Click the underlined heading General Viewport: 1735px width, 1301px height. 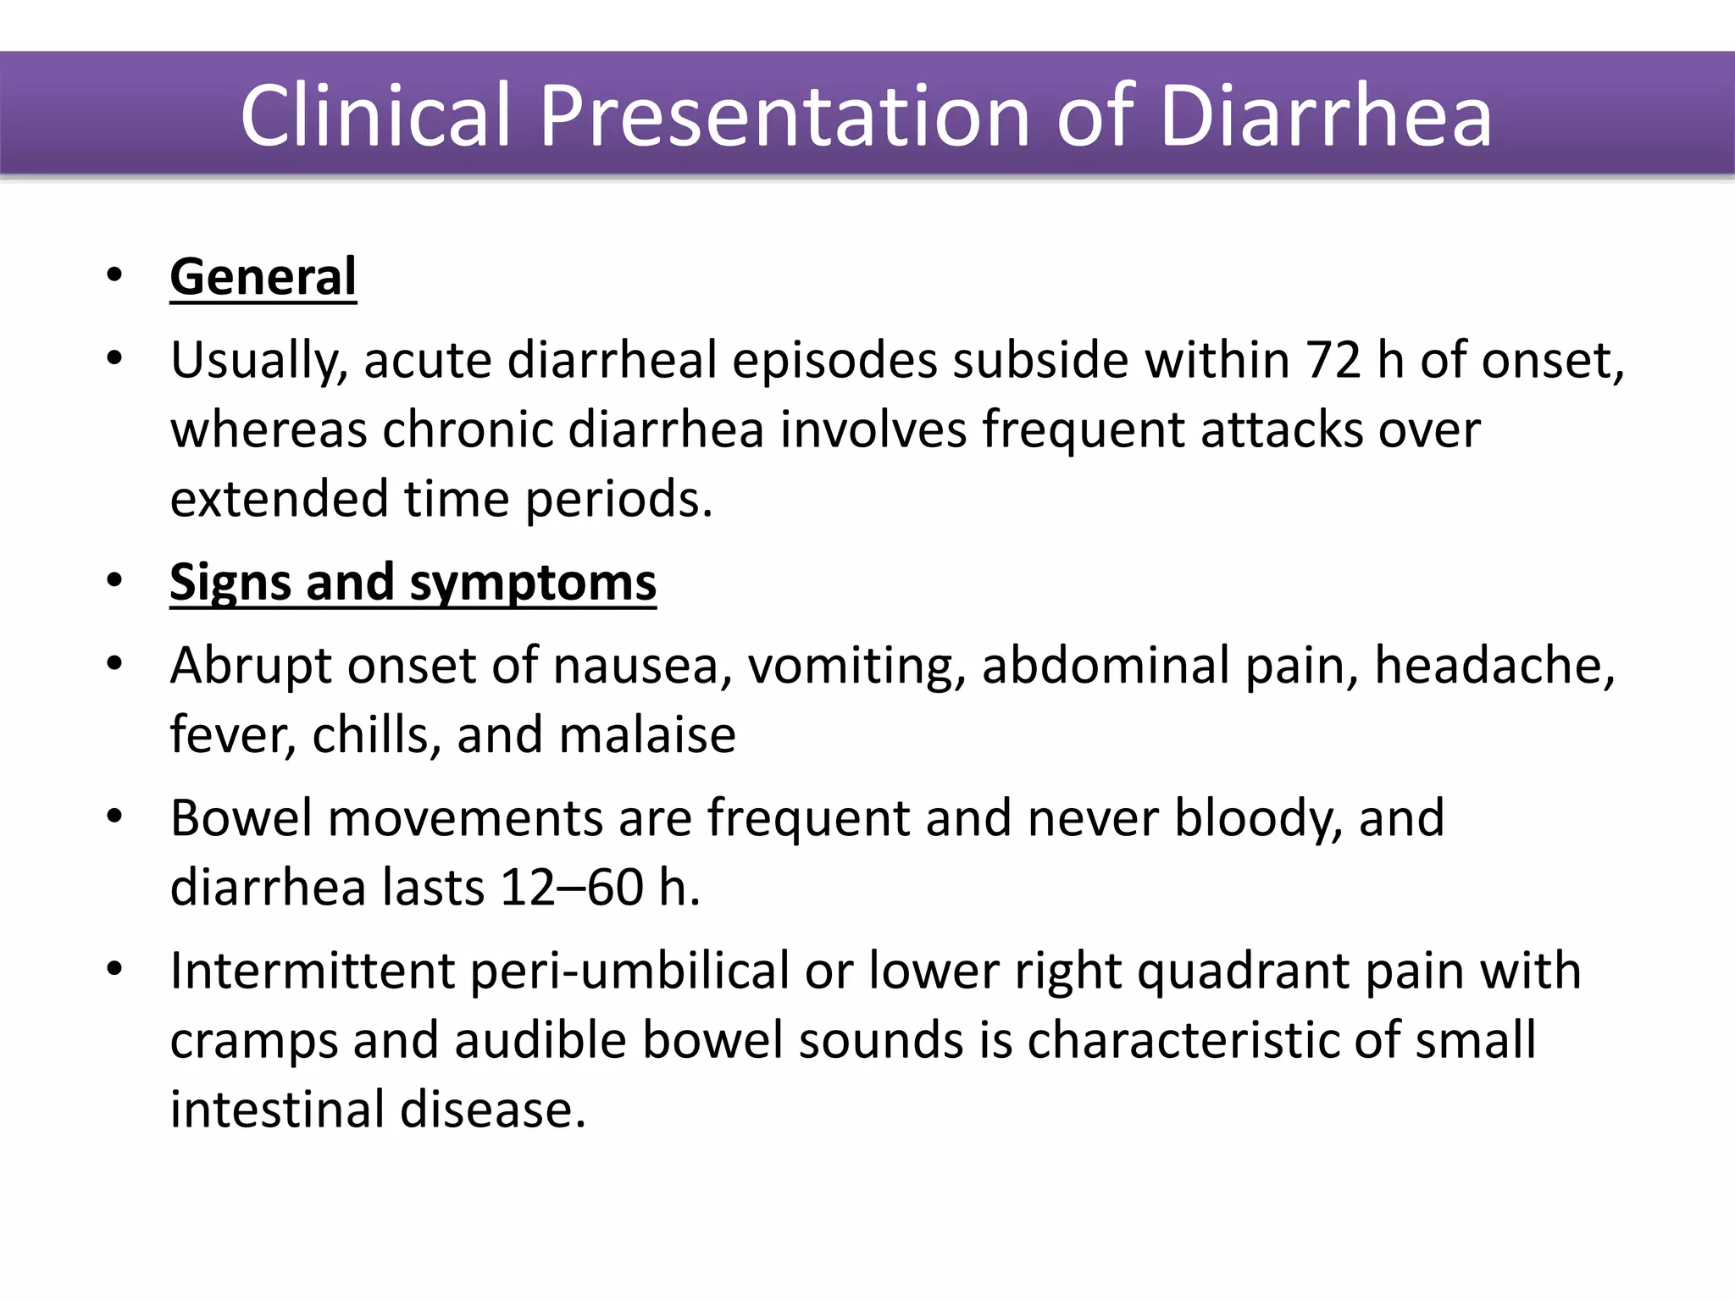point(263,277)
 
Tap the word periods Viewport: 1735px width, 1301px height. point(618,499)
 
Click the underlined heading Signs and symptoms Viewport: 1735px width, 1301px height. point(413,583)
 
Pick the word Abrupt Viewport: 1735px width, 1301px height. point(252,665)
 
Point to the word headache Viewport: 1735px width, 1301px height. point(1494,665)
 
